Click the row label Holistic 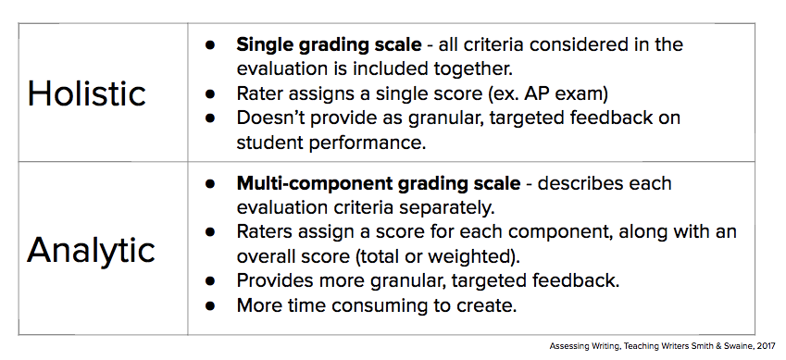click(87, 93)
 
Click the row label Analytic click(91, 250)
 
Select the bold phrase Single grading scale click(329, 45)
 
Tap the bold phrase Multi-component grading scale click(379, 183)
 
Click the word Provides click(273, 280)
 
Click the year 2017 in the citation click(765, 346)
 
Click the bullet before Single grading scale click(210, 44)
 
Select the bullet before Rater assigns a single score click(210, 93)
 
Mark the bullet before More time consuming click(210, 305)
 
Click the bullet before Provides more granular click(210, 280)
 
